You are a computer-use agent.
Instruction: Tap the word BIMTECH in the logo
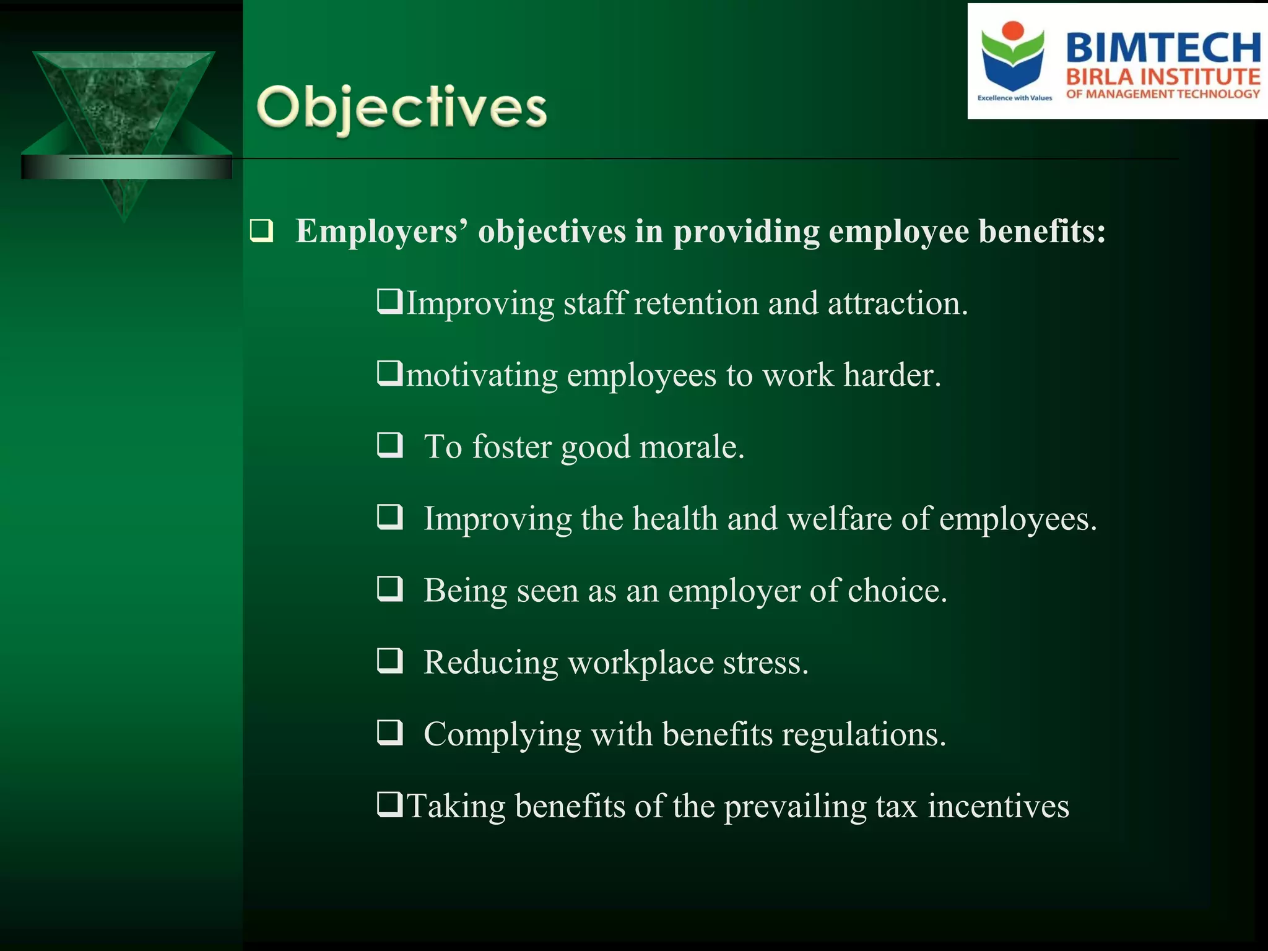click(1163, 48)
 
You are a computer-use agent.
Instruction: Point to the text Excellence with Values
click(1014, 98)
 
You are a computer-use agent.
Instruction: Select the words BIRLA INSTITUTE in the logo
click(1163, 77)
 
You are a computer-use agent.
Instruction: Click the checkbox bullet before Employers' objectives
click(261, 231)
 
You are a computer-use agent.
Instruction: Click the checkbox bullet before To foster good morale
click(390, 445)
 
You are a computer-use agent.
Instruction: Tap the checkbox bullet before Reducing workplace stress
click(390, 661)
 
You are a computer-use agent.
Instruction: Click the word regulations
click(863, 734)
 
